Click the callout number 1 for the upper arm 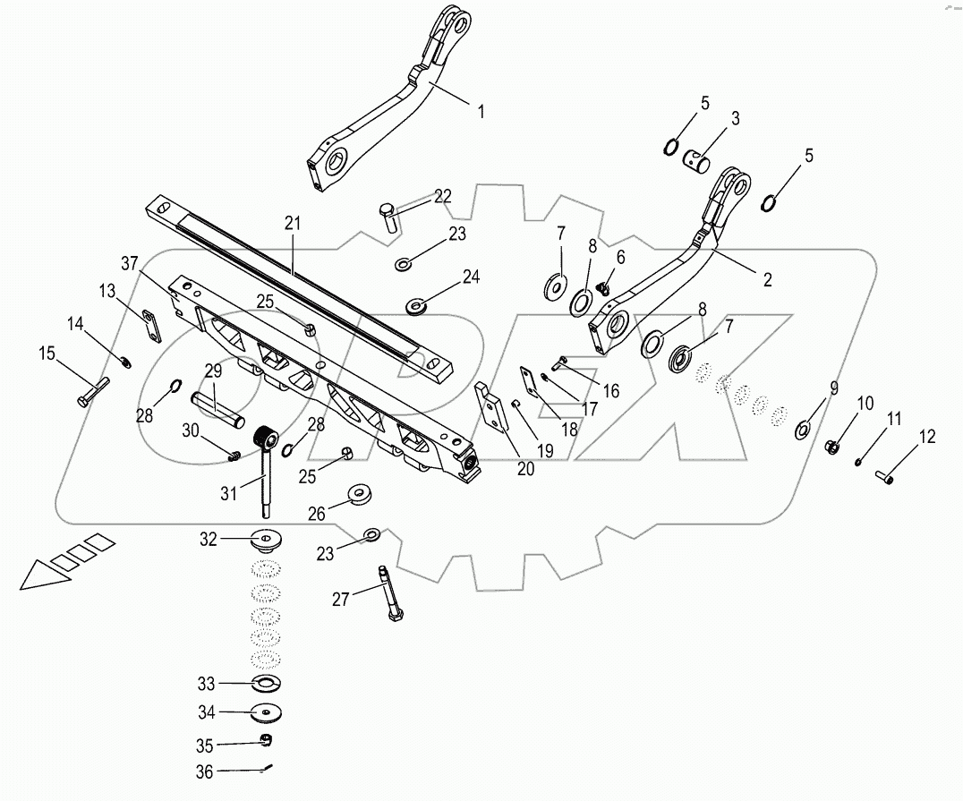point(481,112)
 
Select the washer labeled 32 point(265,540)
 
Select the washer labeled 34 point(265,712)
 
